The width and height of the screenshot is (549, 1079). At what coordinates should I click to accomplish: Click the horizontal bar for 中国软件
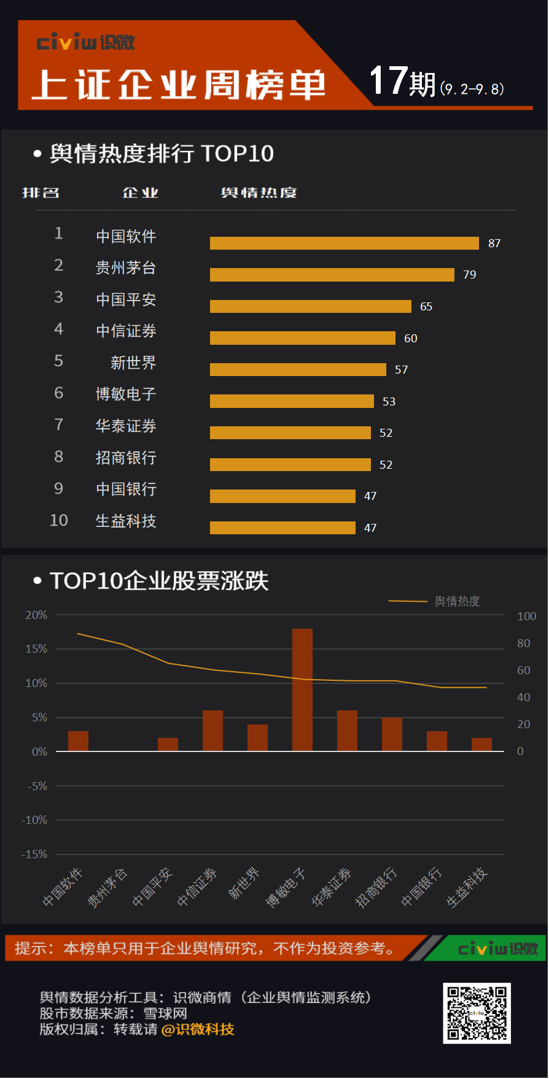(344, 244)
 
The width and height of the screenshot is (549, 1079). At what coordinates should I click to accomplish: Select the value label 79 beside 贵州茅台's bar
(470, 275)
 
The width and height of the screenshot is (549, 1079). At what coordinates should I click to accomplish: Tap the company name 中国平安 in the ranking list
(126, 299)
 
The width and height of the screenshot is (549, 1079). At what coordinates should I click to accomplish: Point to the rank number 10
(59, 521)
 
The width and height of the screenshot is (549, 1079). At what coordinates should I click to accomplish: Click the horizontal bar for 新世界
(298, 369)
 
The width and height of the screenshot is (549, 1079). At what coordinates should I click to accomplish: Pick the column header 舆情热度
(259, 193)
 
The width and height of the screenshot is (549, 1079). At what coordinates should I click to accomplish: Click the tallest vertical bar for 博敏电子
(302, 689)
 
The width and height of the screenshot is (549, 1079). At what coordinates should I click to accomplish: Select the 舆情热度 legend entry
(456, 601)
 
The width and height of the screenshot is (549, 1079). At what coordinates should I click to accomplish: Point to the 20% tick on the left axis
(36, 615)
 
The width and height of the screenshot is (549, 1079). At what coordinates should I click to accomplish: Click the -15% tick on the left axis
(34, 854)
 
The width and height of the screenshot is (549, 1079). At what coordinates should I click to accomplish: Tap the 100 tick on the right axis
(526, 616)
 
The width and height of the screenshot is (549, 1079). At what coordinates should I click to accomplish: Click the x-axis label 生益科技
(467, 887)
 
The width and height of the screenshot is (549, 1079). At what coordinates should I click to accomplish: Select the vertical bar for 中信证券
(212, 731)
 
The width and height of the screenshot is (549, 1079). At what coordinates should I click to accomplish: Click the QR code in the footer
(477, 1013)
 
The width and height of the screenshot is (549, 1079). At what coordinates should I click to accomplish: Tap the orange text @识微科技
(198, 1029)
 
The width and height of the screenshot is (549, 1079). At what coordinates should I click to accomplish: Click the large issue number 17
(388, 81)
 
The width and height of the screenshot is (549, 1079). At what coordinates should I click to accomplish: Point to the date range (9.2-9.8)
(472, 89)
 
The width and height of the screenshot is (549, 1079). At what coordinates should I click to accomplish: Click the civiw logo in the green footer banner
(497, 949)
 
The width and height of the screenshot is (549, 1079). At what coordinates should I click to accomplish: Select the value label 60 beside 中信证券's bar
(411, 339)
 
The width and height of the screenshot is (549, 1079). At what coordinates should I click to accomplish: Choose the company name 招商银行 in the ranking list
(126, 458)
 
